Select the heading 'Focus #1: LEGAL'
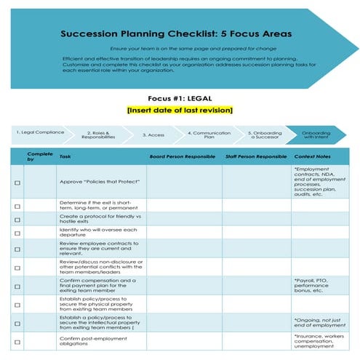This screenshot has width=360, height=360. click(179, 98)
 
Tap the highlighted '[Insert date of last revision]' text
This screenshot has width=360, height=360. click(180, 110)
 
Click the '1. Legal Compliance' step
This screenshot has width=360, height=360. click(40, 132)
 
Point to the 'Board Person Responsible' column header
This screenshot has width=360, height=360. click(182, 156)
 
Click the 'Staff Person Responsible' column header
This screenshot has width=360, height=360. click(256, 156)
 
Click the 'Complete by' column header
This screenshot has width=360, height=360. click(36, 156)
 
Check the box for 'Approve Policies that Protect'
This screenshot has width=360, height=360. click(17, 182)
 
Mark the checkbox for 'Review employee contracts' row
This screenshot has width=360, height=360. click(17, 249)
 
